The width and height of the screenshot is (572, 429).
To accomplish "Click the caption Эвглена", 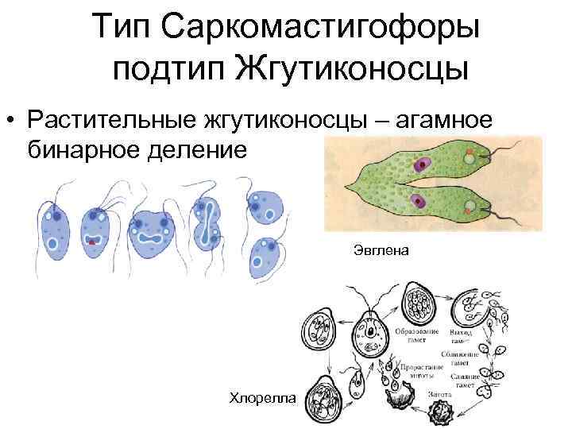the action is pos(381,252).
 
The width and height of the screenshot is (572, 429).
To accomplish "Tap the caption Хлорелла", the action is pos(261,396).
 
